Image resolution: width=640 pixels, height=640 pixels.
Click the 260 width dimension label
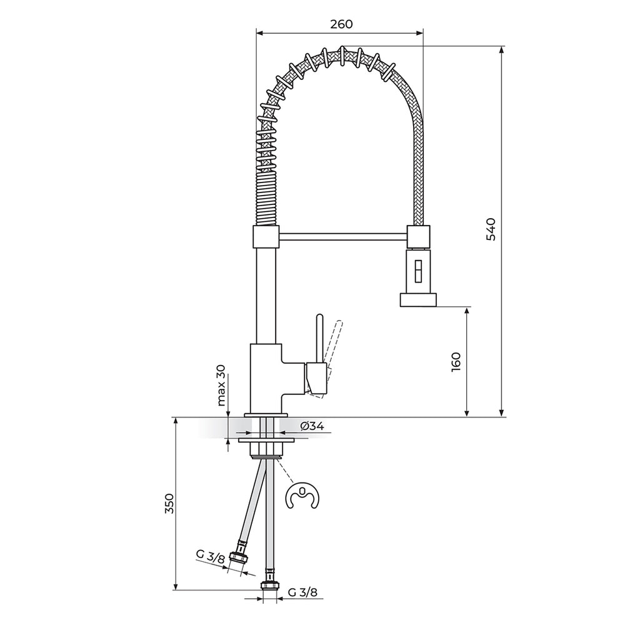(341, 24)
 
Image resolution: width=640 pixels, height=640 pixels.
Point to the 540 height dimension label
(491, 229)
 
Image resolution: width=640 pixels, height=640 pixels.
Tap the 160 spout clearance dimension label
(456, 361)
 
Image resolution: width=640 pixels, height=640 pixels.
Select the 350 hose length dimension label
(169, 503)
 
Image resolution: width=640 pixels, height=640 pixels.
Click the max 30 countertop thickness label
(221, 384)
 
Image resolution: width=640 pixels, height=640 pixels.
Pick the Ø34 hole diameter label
(312, 426)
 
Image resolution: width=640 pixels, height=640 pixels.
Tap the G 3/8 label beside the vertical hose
(302, 592)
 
